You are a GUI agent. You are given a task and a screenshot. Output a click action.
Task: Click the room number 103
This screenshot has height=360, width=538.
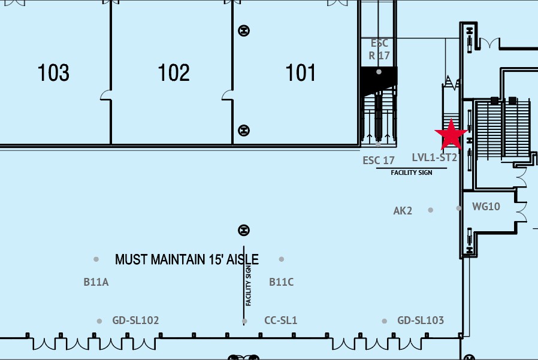(53, 72)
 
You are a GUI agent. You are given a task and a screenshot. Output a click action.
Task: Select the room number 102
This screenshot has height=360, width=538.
(174, 72)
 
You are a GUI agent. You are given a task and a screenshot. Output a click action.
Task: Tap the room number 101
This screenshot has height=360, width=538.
(301, 72)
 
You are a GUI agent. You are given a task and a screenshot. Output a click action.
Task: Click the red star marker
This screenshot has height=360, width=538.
(451, 135)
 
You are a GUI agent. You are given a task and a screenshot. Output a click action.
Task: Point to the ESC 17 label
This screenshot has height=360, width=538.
(379, 161)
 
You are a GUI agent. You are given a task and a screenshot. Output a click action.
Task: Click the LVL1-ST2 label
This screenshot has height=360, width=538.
(434, 158)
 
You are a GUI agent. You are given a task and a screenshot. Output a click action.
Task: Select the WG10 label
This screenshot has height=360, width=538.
(486, 207)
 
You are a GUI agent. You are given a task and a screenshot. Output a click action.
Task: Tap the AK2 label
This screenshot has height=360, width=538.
(403, 211)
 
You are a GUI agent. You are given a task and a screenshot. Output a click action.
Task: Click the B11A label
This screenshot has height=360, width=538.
(96, 282)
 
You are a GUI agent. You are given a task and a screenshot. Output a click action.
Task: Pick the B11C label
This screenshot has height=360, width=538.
(282, 282)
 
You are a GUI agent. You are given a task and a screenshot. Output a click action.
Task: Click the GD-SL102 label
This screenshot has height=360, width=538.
(135, 320)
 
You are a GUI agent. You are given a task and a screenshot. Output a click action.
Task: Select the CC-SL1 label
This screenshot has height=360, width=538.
(280, 320)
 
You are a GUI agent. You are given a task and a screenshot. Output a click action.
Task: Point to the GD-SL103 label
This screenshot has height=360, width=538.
(421, 320)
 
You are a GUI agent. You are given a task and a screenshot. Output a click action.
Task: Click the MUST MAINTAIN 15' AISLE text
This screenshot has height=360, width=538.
(187, 259)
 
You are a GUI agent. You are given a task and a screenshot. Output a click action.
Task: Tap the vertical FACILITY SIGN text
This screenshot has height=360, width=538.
(249, 286)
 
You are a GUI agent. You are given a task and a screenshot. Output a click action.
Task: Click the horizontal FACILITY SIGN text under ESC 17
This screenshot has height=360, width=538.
(412, 173)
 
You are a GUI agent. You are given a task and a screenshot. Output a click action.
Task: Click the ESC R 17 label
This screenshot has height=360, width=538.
(379, 50)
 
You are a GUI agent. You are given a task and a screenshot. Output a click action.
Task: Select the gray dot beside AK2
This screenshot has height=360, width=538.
(431, 210)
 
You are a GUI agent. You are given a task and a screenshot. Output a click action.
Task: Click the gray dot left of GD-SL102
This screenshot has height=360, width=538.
(99, 321)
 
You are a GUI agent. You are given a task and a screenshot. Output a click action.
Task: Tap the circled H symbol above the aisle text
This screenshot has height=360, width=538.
(244, 230)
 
